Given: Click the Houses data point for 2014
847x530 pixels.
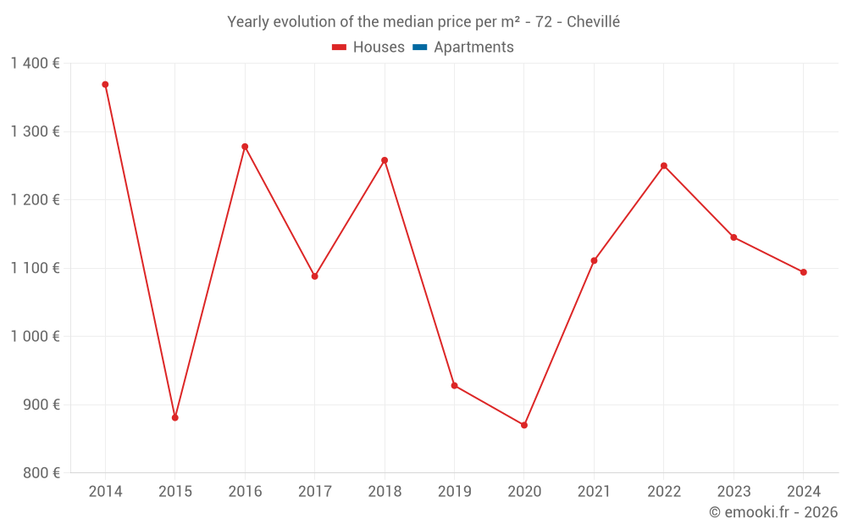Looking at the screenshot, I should click(105, 85).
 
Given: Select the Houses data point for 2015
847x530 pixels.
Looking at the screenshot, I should click(175, 417).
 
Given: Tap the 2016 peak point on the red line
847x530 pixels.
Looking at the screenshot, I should click(245, 147).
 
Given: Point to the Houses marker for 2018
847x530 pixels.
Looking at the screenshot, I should click(385, 160).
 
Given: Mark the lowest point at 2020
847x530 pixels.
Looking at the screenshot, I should click(524, 425).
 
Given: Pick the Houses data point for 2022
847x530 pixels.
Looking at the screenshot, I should click(664, 165).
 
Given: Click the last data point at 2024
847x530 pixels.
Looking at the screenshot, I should click(804, 272).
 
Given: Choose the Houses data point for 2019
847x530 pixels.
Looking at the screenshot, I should click(454, 386).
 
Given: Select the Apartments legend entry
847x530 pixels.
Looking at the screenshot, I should click(473, 47).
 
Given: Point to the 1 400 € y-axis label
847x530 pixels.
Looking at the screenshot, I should click(35, 64).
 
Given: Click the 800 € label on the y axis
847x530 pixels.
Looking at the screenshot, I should click(40, 473).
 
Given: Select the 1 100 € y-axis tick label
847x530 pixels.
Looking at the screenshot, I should click(35, 268).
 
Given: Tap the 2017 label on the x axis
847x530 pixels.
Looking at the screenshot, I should click(315, 492).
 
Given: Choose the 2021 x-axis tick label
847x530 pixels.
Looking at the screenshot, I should click(594, 492).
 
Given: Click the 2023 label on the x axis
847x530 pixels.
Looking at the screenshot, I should click(734, 492).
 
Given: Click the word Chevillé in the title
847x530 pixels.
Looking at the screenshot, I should click(593, 22).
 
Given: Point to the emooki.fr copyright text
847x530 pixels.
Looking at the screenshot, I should click(773, 512).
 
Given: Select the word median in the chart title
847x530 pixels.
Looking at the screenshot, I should click(408, 22).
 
